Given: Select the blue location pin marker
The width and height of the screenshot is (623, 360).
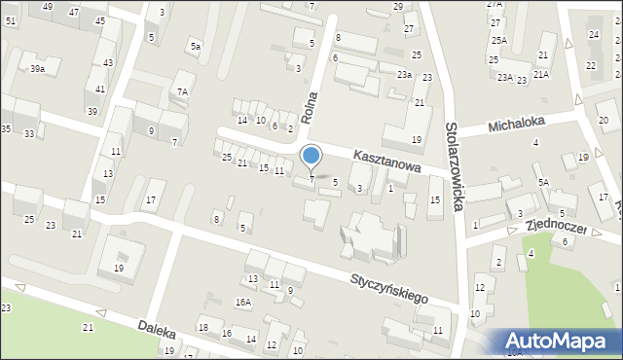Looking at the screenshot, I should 311,157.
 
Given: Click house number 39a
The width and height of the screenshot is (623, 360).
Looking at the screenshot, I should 37,69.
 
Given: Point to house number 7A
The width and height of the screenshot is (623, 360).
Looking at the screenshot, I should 181,92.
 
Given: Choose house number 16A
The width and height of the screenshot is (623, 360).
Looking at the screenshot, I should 242,303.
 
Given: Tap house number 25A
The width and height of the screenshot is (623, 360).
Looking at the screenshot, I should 499,40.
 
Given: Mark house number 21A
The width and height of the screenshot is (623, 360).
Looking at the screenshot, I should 540,74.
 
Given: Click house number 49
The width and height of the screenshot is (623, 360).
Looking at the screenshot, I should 49,7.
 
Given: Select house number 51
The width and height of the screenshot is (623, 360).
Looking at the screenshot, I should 10,20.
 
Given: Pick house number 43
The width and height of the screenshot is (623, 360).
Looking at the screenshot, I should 107,63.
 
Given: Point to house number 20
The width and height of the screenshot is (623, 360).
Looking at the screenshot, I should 604,120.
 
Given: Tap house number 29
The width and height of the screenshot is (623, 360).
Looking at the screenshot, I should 397,7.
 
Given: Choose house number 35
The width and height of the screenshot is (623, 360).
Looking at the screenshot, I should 6,129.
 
